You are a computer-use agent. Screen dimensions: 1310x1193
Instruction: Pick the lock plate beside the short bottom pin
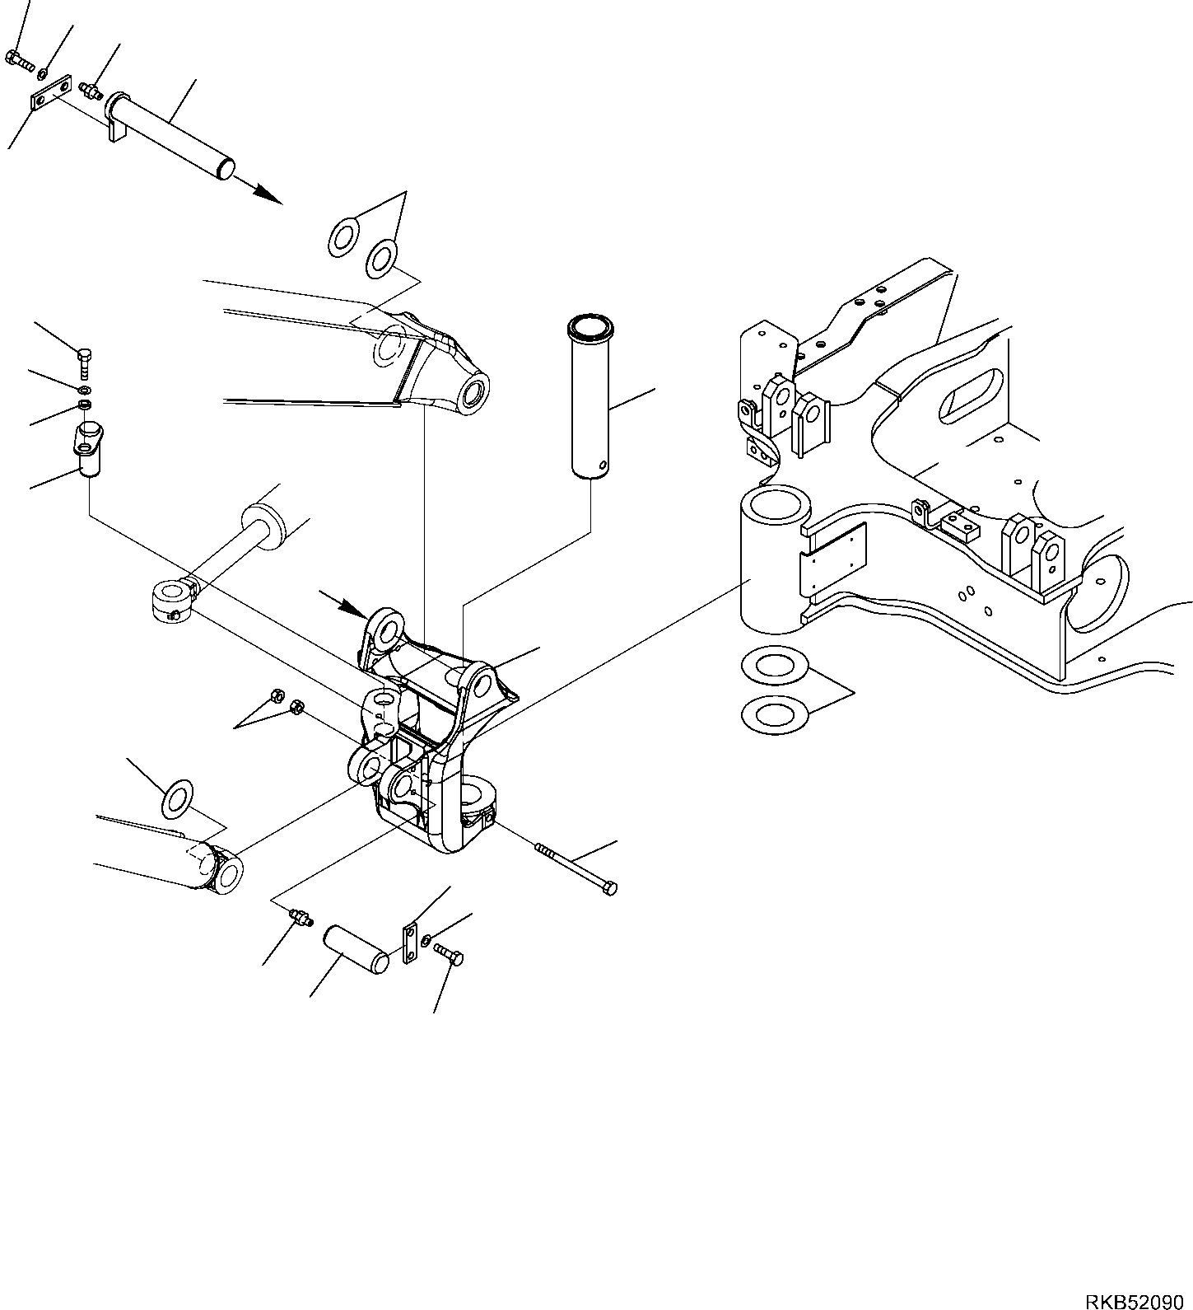(x=408, y=944)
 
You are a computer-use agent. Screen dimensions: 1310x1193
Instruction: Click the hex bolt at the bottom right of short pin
(x=450, y=956)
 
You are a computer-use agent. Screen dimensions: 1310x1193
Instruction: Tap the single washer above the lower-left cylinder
(x=177, y=799)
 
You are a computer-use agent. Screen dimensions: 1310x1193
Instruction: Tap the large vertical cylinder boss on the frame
(x=770, y=560)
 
